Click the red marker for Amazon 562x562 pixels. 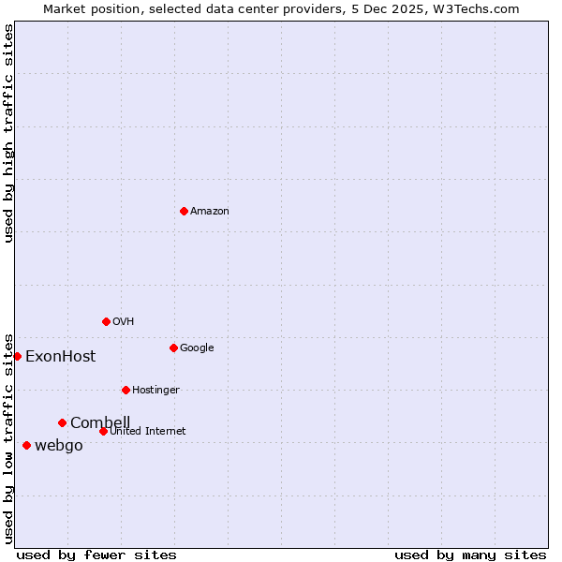click(x=184, y=211)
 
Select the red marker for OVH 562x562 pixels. click(x=106, y=321)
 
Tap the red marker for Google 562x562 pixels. click(x=173, y=348)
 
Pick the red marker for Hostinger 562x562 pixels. click(x=126, y=390)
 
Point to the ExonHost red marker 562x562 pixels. click(x=17, y=356)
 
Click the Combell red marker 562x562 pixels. click(x=62, y=422)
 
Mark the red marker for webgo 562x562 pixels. click(x=26, y=445)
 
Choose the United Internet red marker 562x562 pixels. click(x=103, y=431)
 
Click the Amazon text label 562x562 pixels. click(x=210, y=212)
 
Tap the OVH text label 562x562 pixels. click(x=124, y=322)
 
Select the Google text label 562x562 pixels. click(x=197, y=348)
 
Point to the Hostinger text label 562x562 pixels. click(x=155, y=391)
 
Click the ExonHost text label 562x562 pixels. click(x=60, y=357)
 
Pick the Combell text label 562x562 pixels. click(x=100, y=423)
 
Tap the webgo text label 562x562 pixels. click(x=59, y=446)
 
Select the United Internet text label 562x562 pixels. click(x=148, y=432)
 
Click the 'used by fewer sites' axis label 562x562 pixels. click(x=96, y=555)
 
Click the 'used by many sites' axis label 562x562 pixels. click(x=470, y=555)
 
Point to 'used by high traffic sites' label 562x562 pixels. click(x=8, y=133)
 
